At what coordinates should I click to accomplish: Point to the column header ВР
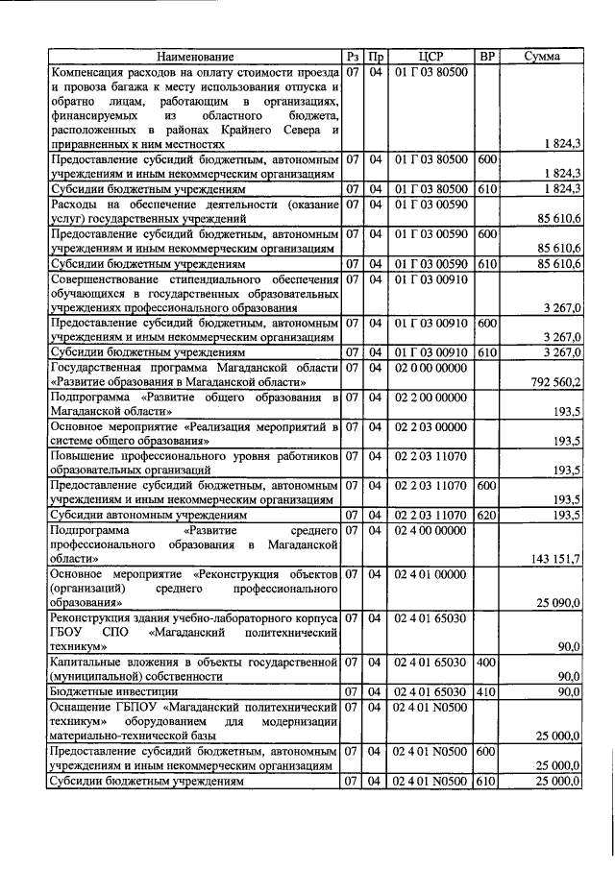pos(487,57)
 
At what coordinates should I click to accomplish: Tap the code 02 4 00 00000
pos(431,529)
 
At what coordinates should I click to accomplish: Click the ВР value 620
pos(487,515)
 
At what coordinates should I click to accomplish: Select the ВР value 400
pos(487,662)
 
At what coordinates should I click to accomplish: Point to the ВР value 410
pos(487,691)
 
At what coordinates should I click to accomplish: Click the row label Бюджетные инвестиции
pos(113,691)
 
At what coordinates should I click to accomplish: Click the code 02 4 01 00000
pos(431,574)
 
